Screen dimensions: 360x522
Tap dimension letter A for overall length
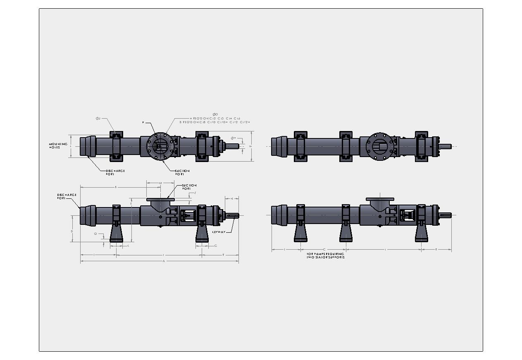point(164,261)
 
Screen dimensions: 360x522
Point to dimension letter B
point(116,187)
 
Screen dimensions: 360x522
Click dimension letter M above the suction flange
point(160,183)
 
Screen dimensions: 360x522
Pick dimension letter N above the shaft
point(232,199)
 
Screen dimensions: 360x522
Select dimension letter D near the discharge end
point(72,231)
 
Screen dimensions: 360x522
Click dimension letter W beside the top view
point(250,147)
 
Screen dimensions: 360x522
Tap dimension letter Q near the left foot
point(95,234)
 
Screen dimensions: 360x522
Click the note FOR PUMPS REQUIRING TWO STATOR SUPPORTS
point(325,255)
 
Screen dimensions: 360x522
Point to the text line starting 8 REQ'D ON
point(215,122)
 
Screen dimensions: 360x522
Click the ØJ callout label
point(98,118)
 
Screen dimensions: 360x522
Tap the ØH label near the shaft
point(233,138)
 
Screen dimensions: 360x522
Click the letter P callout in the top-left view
point(143,123)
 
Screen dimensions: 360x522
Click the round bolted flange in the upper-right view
point(379,146)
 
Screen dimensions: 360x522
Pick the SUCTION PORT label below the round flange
point(182,172)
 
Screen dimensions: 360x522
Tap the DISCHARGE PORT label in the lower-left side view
point(67,196)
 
